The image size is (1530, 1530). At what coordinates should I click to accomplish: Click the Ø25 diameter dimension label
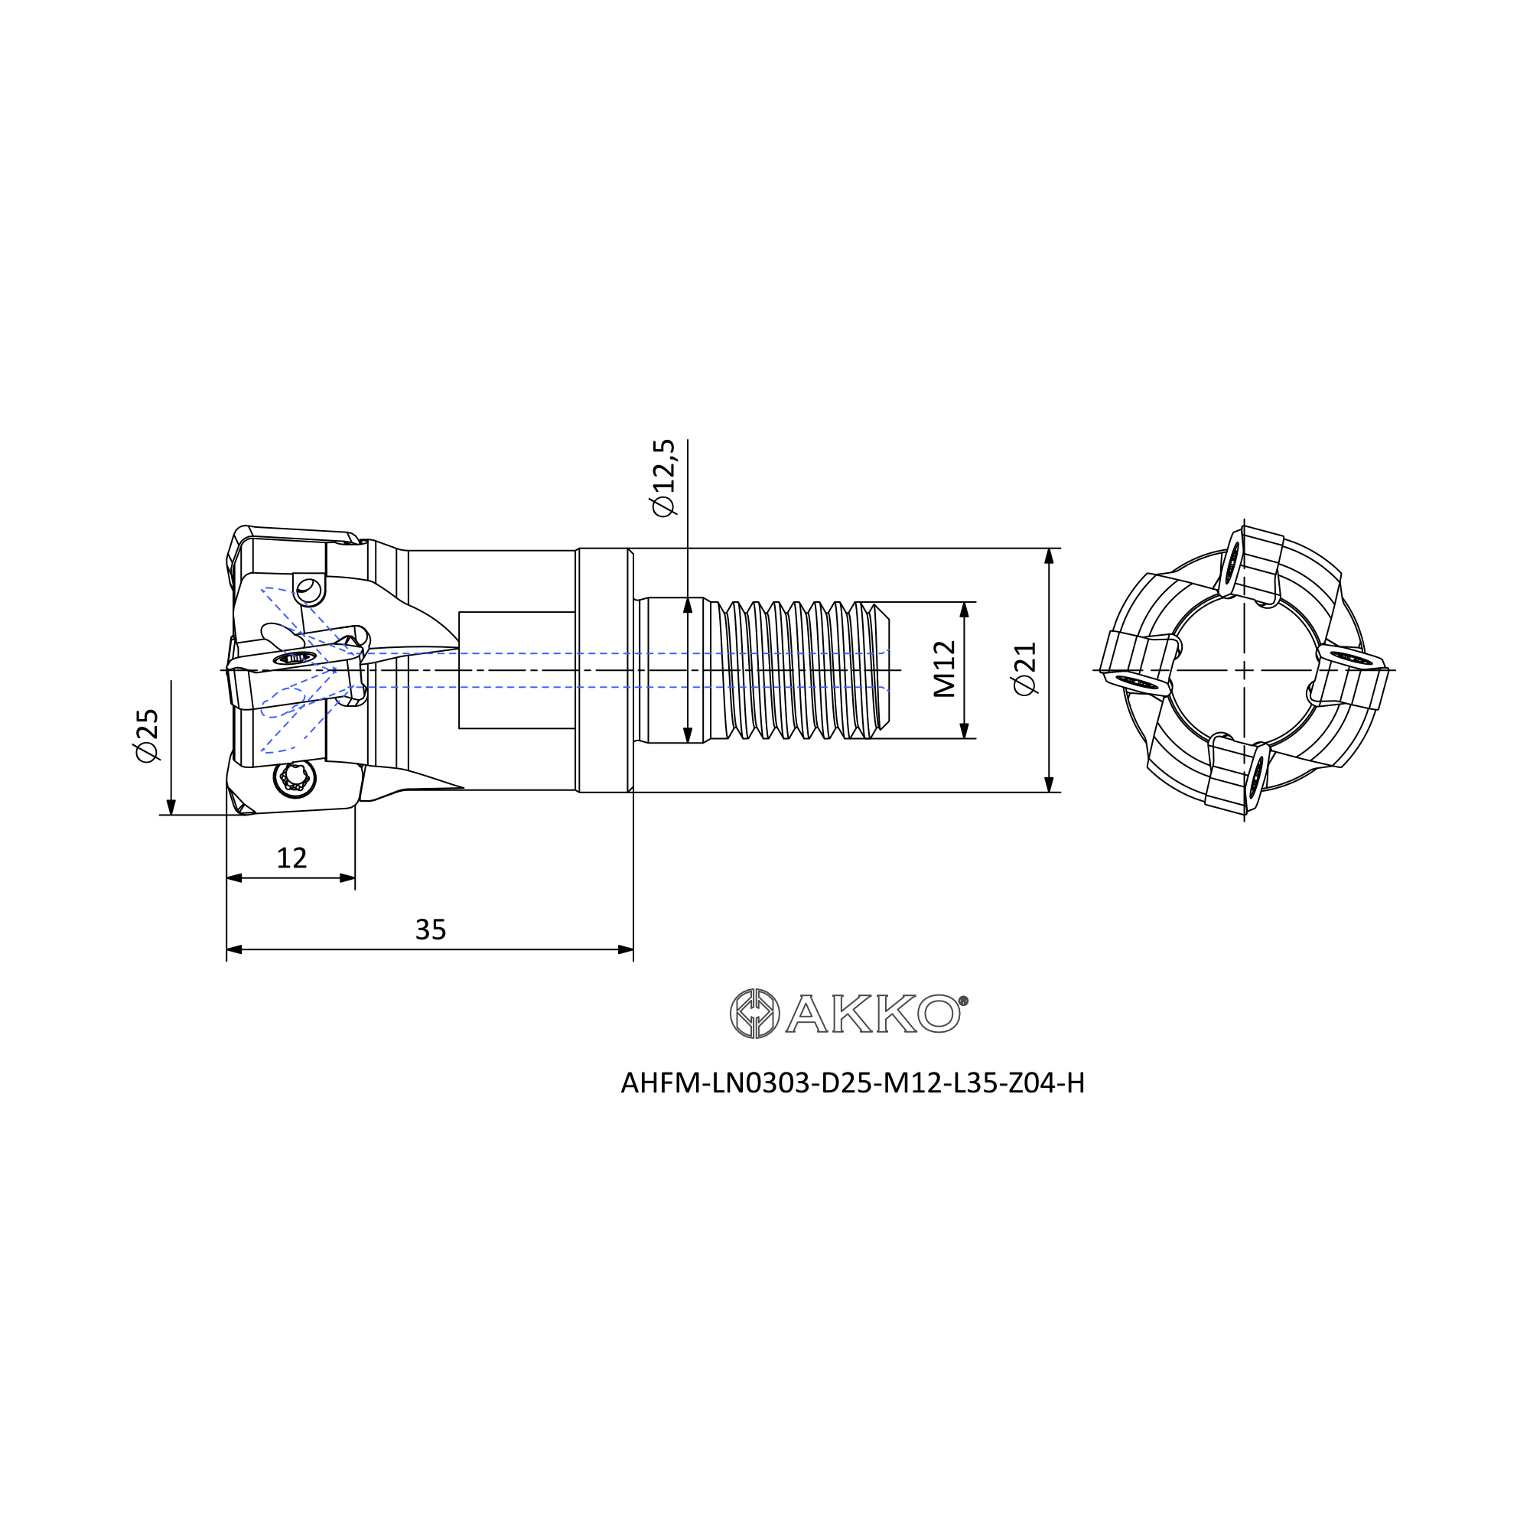[148, 736]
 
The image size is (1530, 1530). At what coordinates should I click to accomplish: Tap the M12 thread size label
[945, 669]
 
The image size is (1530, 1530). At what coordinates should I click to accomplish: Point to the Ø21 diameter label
[1025, 669]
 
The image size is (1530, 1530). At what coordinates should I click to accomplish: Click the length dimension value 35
[431, 929]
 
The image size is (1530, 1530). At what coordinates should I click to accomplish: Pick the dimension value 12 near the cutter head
[291, 858]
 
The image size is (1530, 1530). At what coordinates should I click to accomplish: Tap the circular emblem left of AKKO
[755, 1014]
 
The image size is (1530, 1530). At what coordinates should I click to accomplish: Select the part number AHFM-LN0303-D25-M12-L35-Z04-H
[853, 1082]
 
